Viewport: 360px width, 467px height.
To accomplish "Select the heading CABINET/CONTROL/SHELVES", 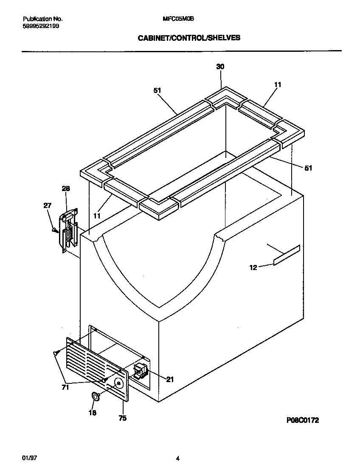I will click(x=189, y=38).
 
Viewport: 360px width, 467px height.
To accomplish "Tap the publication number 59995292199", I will click(x=41, y=26).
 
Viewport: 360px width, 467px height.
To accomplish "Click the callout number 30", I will click(x=220, y=67).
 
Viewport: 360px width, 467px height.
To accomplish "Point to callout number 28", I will click(x=66, y=188).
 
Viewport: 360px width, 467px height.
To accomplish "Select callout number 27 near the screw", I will click(x=47, y=206).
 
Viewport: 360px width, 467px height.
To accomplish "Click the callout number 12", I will click(x=253, y=267).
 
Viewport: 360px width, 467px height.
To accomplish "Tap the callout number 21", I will click(x=170, y=380).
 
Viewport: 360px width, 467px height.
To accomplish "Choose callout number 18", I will click(x=93, y=412).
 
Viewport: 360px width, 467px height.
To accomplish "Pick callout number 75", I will click(x=122, y=418).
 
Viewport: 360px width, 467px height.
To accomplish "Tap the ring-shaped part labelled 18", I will click(x=96, y=397).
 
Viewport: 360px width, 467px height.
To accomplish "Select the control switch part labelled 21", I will click(x=141, y=370).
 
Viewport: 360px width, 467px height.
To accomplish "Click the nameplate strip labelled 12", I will click(x=287, y=255).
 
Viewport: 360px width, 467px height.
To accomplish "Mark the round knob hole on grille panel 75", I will click(x=119, y=384).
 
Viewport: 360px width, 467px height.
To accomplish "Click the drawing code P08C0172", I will click(x=303, y=420).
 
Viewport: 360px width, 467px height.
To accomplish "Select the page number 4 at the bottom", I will click(x=178, y=458).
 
